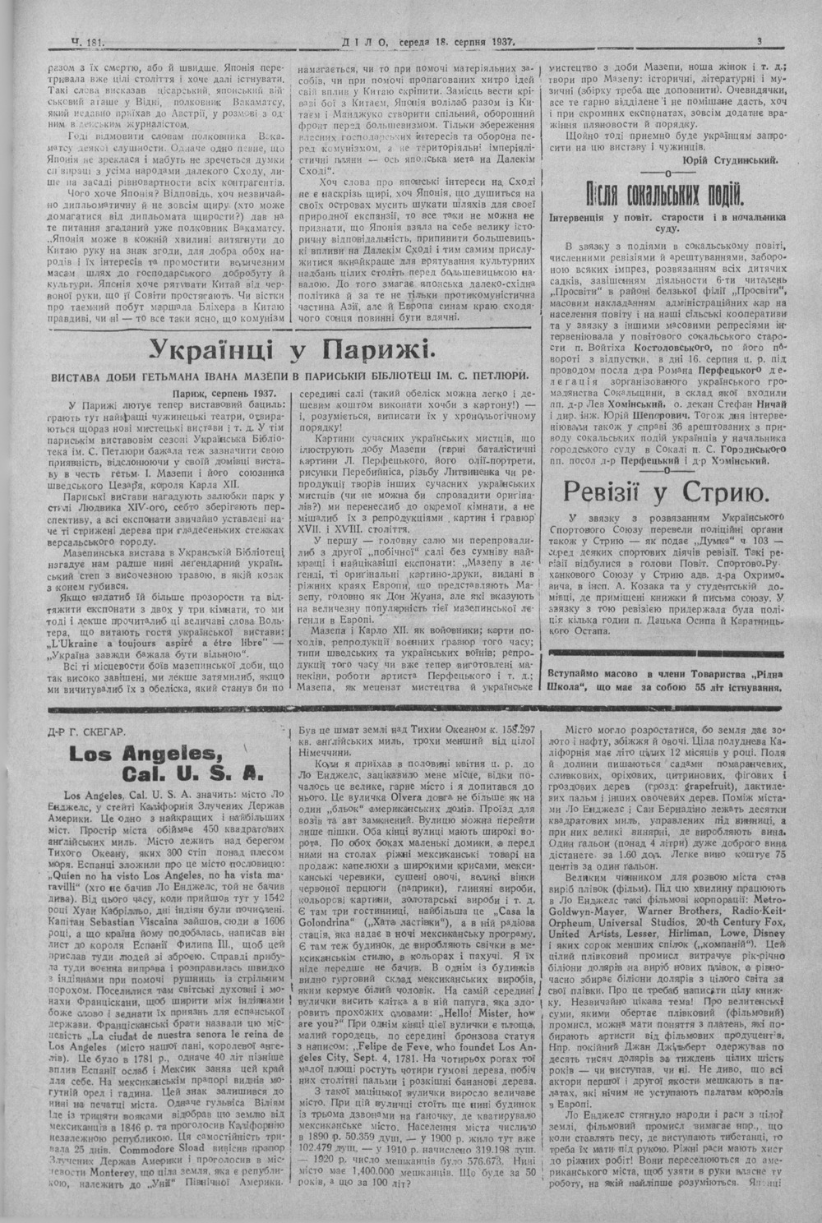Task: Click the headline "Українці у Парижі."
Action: pyautogui.click(x=289, y=352)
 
